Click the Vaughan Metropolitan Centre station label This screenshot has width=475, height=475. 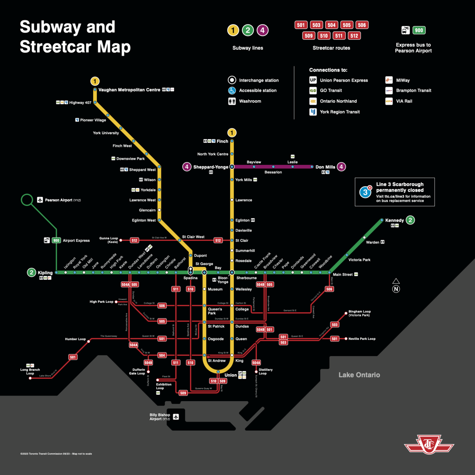(x=129, y=90)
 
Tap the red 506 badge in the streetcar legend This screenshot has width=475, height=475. (x=362, y=25)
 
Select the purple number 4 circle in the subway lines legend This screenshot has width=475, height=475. (x=262, y=30)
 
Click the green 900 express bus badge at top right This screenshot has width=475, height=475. (x=419, y=30)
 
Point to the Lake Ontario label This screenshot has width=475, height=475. (x=359, y=375)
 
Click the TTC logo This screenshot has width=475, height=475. (x=429, y=444)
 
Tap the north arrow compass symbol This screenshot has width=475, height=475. (x=396, y=286)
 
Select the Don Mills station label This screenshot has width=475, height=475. (x=325, y=167)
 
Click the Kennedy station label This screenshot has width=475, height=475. (x=394, y=220)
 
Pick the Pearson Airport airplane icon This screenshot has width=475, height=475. (x=40, y=200)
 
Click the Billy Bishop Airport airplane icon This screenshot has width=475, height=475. (x=176, y=417)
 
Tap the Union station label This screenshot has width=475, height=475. (x=230, y=375)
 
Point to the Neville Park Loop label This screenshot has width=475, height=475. (x=362, y=339)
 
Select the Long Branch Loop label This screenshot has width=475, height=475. (x=30, y=371)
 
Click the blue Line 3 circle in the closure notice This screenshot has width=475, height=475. (x=365, y=192)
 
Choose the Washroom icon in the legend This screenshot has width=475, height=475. (x=232, y=101)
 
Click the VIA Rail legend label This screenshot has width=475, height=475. (x=404, y=101)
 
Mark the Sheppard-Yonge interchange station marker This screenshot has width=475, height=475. (x=232, y=167)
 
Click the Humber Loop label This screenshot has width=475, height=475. (x=75, y=339)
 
